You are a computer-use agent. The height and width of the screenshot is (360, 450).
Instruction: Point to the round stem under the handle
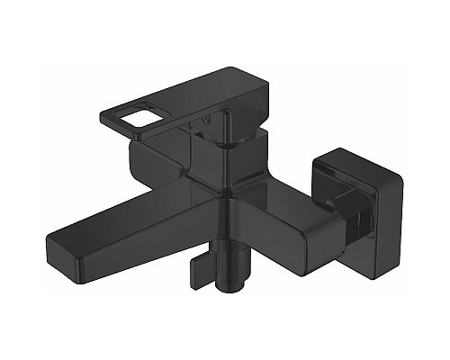click(232, 141)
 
